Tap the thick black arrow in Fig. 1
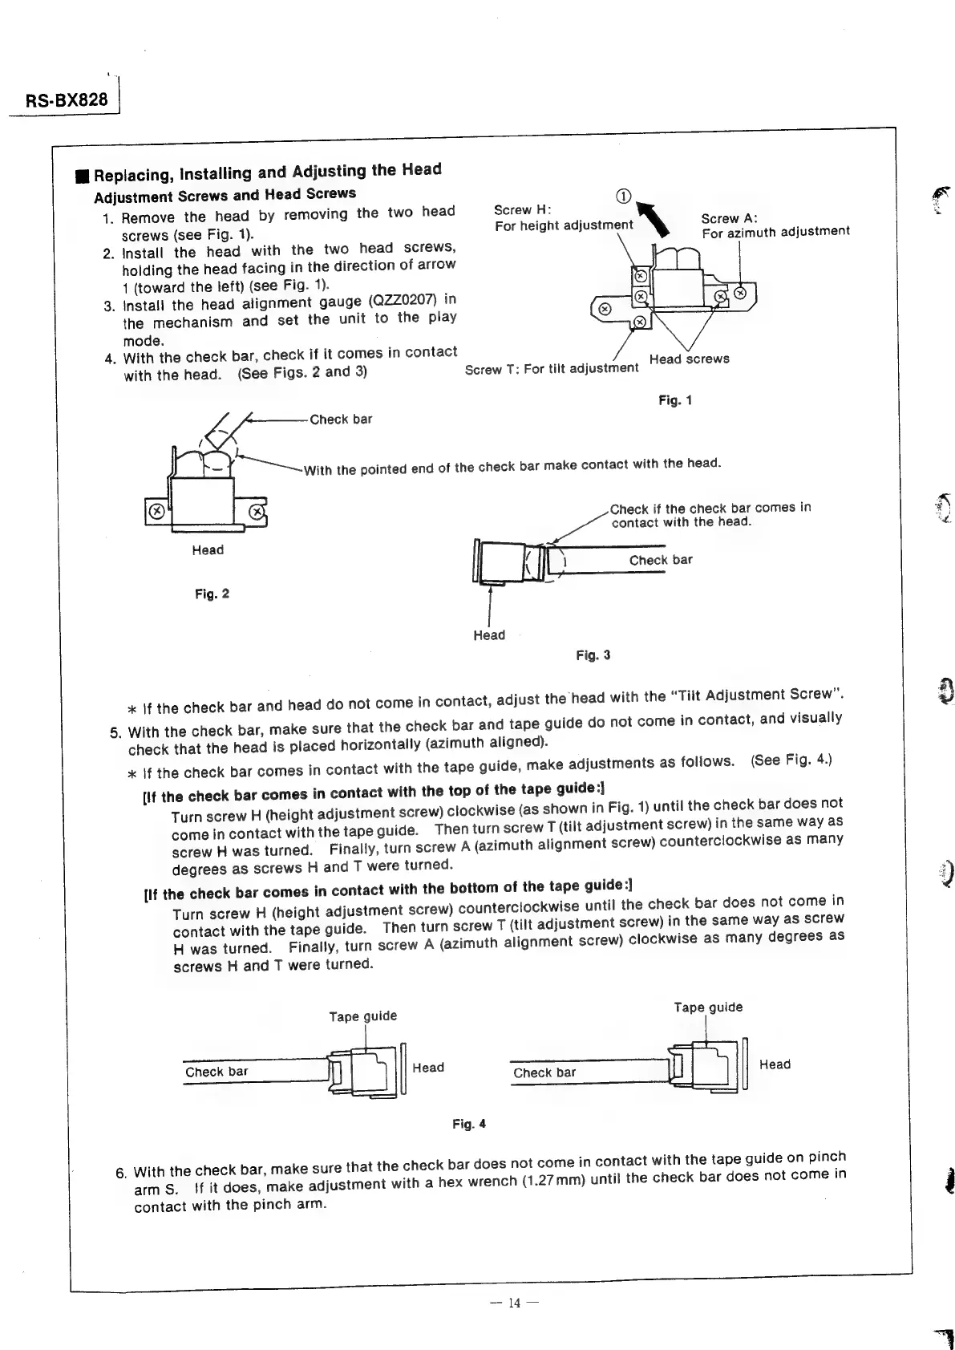pos(651,219)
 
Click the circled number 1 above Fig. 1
pos(623,197)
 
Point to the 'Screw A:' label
pos(729,218)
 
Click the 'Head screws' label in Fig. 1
pos(689,359)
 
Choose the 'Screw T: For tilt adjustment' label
pos(552,368)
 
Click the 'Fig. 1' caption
pos(674,399)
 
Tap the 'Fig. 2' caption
pos(212,594)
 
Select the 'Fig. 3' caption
pos(593,655)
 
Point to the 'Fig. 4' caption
pos(468,1124)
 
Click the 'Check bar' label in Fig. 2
pos(341,419)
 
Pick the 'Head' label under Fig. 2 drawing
pos(208,550)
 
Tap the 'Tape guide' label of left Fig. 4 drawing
pos(362,1016)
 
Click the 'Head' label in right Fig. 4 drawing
pos(775,1064)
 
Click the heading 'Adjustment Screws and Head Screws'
pos(225,195)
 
